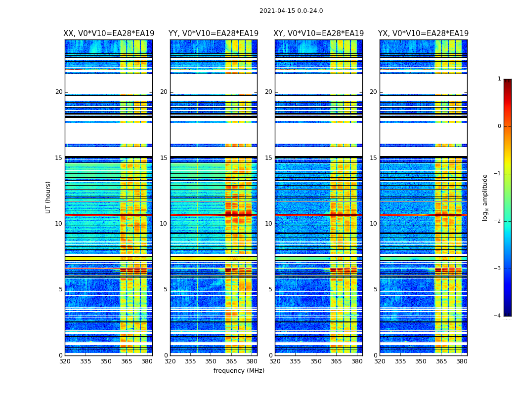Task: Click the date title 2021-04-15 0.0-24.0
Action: point(291,11)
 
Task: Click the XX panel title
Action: point(109,34)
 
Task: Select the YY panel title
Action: point(214,34)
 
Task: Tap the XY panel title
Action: point(319,34)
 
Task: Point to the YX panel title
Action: point(423,34)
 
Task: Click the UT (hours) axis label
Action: point(48,197)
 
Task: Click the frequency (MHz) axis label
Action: point(239,371)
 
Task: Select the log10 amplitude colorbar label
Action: point(485,197)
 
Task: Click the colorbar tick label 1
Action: point(499,79)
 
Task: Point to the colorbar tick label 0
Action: point(499,126)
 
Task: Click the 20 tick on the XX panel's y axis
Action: point(59,92)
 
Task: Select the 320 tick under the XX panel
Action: point(65,361)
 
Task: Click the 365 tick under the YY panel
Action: point(232,361)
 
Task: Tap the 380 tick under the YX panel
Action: point(462,361)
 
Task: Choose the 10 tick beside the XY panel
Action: point(268,224)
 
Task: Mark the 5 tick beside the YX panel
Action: point(375,289)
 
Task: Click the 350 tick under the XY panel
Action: point(316,361)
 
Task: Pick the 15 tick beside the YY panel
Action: point(164,158)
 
